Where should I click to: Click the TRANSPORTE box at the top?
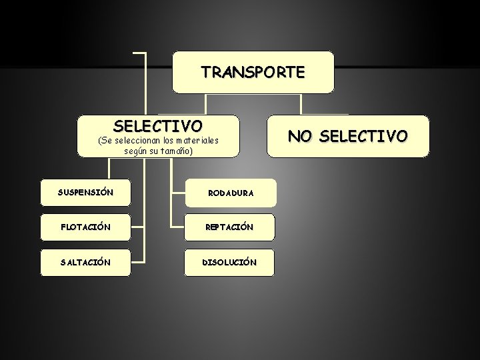pyautogui.click(x=253, y=72)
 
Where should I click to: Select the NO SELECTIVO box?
pyautogui.click(x=348, y=137)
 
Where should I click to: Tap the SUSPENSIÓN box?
pyautogui.click(x=85, y=193)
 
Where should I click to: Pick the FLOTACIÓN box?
pyautogui.click(x=85, y=227)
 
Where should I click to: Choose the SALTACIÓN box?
pyautogui.click(x=85, y=263)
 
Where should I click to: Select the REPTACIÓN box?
pyautogui.click(x=230, y=227)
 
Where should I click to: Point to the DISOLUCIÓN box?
pyautogui.click(x=230, y=263)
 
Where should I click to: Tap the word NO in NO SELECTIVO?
pyautogui.click(x=300, y=137)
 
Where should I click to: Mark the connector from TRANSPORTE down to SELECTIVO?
pyautogui.click(x=206, y=104)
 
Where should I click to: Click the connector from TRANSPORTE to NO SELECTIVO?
pyautogui.click(x=301, y=104)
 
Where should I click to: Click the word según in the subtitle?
pyautogui.click(x=135, y=151)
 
